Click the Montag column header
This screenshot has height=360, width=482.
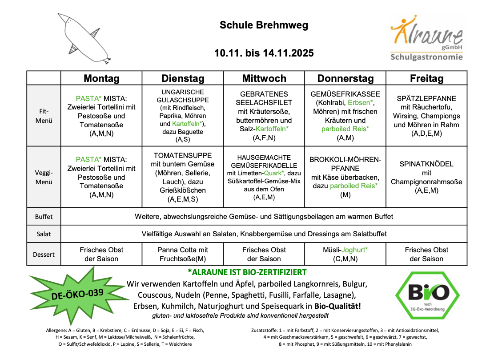(x=101, y=79)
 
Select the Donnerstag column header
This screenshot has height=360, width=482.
(x=345, y=79)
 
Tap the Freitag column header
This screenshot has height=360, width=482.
(x=426, y=79)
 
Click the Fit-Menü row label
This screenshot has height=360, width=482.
(x=44, y=116)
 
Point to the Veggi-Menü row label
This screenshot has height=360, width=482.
(x=44, y=177)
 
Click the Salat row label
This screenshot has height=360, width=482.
(x=44, y=234)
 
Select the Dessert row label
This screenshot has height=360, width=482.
(x=44, y=255)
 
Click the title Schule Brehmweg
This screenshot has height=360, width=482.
(x=264, y=25)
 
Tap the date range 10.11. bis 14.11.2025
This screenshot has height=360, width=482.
(x=264, y=53)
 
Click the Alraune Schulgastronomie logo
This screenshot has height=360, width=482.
(x=426, y=39)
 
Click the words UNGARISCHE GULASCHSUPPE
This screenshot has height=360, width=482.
(x=182, y=96)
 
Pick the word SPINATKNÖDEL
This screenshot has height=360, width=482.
(x=426, y=164)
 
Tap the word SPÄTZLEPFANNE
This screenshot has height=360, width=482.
(x=426, y=98)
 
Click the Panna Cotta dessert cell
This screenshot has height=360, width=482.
(x=182, y=255)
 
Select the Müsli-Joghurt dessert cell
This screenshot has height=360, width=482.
(x=345, y=255)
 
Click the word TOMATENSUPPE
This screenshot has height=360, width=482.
(x=182, y=155)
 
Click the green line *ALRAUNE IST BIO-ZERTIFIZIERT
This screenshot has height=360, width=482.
(x=247, y=272)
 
